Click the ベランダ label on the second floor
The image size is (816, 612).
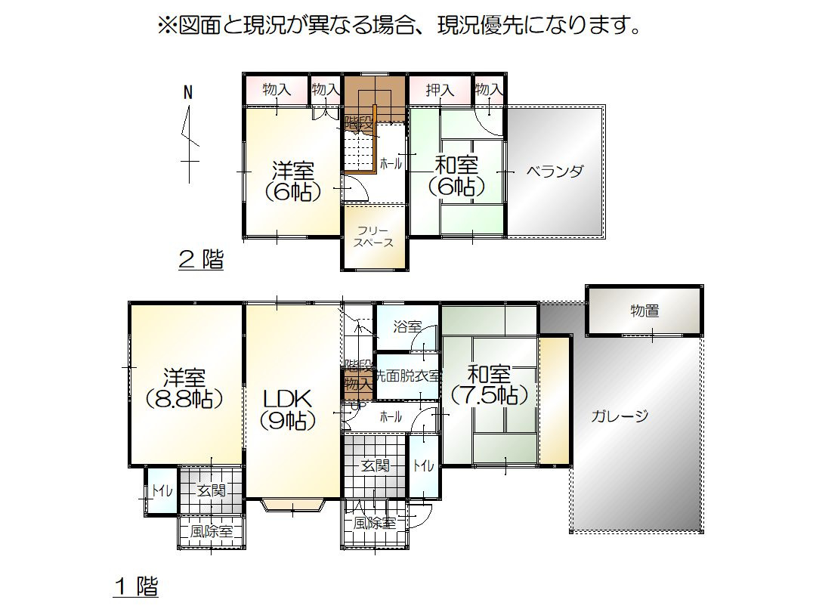pos(555,171)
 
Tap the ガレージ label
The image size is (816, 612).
pos(620,416)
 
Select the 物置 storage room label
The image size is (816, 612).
pos(644,310)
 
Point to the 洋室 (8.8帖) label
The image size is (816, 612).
pos(184,388)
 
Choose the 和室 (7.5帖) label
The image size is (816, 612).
pos(488,384)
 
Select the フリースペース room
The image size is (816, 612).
pos(375,236)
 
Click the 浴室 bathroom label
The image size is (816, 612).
pos(407,326)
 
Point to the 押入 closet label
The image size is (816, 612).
pos(440,90)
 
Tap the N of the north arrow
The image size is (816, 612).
pos(188,93)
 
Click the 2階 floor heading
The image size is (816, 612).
pos(201,261)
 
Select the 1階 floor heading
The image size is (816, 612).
pos(136,586)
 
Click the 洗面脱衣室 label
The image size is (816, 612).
pos(408,375)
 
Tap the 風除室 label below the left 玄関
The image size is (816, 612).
pos(211,531)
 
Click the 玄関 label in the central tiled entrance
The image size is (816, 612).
pos(375,466)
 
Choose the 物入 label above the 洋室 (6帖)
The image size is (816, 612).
pos(277,89)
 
